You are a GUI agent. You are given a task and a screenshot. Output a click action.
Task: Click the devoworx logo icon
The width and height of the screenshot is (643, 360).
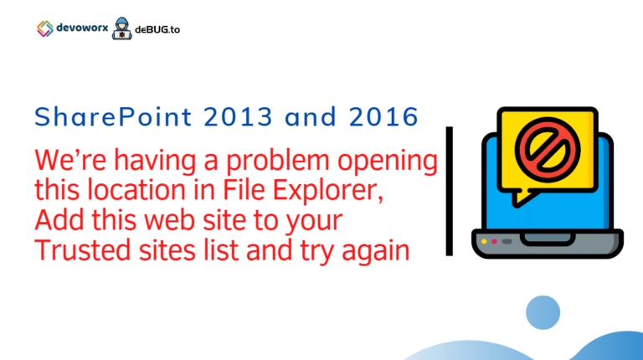(45, 28)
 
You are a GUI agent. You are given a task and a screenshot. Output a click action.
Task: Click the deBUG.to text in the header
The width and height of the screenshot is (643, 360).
(157, 28)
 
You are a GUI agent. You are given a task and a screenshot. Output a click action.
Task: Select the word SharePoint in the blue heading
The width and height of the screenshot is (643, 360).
(98, 118)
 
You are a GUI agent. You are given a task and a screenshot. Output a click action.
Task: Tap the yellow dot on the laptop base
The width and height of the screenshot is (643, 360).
(484, 242)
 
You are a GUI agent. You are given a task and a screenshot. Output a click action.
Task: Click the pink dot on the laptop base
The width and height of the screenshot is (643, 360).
(495, 242)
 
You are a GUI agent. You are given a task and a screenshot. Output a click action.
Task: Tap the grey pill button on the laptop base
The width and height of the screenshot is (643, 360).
(507, 242)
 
